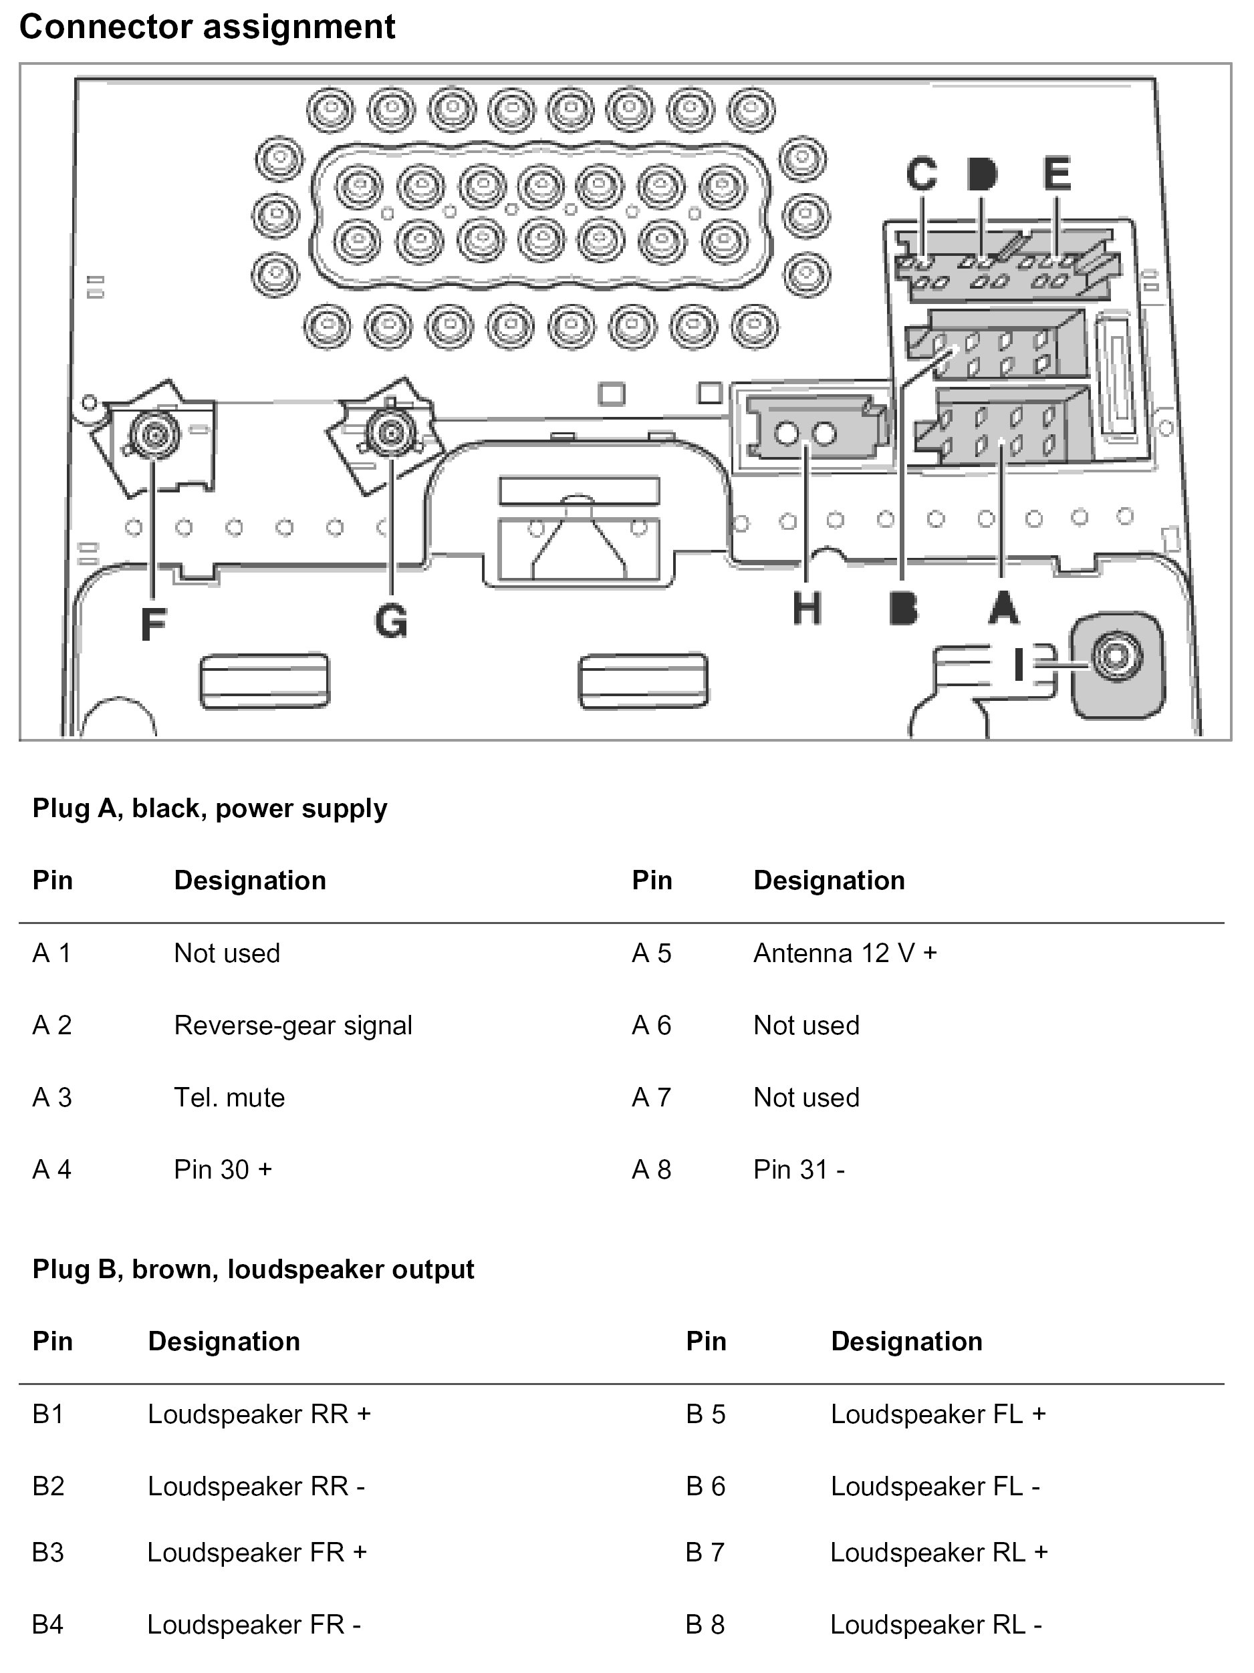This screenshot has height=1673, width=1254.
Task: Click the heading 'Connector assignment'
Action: (x=207, y=27)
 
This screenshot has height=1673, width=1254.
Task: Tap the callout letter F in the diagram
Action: (x=154, y=624)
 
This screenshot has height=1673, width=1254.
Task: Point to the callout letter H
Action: (x=806, y=609)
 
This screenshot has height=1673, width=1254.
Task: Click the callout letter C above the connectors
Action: (x=921, y=173)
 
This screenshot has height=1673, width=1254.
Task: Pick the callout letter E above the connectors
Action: (x=1057, y=173)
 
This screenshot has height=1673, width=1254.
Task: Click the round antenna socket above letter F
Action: (x=154, y=434)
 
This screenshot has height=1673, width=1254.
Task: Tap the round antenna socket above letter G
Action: (x=390, y=432)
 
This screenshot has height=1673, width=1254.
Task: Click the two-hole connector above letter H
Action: (x=805, y=434)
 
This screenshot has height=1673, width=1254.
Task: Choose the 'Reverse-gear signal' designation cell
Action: (x=293, y=1026)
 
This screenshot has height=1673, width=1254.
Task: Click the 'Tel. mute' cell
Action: (x=229, y=1098)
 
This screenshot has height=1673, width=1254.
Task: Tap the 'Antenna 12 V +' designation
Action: (x=844, y=953)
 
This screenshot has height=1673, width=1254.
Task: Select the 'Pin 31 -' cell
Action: (x=798, y=1170)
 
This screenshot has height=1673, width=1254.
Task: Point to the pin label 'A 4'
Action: (x=51, y=1170)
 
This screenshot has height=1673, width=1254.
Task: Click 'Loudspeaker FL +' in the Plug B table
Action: (x=938, y=1414)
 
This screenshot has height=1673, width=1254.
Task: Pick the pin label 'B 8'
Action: (x=705, y=1625)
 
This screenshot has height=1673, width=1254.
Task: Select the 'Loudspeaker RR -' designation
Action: (x=256, y=1486)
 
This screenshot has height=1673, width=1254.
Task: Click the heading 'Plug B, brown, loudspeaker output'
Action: (x=253, y=1269)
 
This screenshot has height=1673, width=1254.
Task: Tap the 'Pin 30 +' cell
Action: (x=223, y=1170)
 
